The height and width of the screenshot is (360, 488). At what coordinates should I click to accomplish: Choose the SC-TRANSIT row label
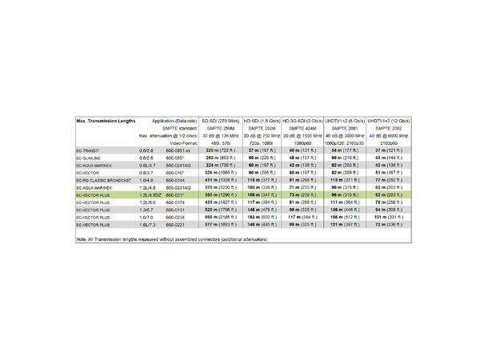88,150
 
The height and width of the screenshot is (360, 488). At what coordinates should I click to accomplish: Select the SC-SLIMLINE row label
90,158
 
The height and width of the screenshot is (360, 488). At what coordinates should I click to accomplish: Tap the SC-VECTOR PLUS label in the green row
93,194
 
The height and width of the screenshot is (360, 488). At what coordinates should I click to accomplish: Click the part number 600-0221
177,225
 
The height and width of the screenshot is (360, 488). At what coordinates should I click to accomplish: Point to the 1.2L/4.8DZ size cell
147,194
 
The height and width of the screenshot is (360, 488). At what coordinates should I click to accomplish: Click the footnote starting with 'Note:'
167,240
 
